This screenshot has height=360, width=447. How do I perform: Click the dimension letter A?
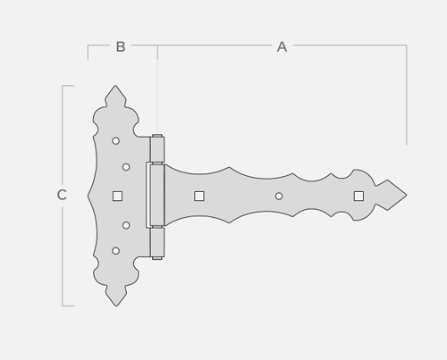[282, 46]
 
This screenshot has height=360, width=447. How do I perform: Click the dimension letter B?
[121, 46]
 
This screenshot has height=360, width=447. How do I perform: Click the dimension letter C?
[62, 195]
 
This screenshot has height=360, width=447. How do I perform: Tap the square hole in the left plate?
[117, 196]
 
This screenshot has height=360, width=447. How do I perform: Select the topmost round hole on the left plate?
[115, 141]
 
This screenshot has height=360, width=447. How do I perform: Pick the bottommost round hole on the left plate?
[115, 251]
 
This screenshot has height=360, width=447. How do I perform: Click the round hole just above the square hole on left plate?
[126, 167]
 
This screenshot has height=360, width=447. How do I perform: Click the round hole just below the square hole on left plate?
[126, 225]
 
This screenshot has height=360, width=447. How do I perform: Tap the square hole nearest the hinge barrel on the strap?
[199, 197]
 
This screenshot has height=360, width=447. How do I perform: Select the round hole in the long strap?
[279, 197]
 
